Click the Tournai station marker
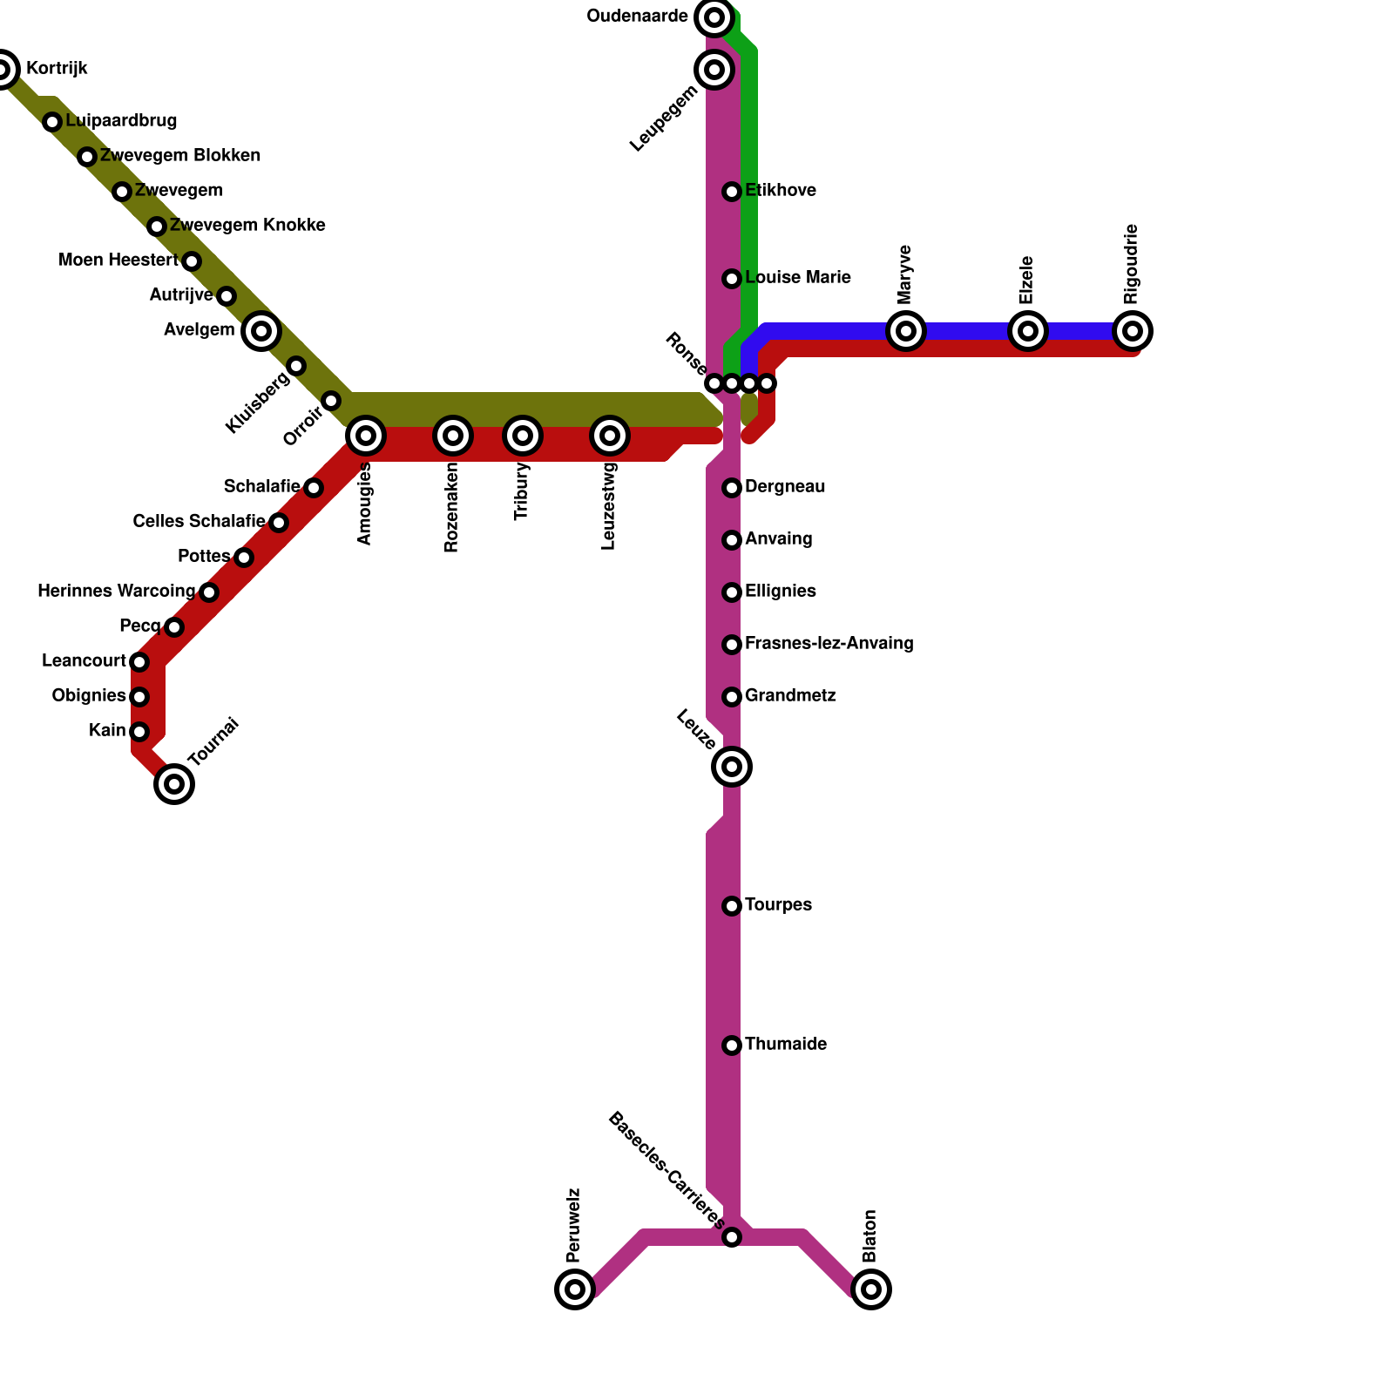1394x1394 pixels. coord(174,784)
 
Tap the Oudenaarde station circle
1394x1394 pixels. coord(714,17)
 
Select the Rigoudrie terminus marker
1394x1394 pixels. coord(1133,331)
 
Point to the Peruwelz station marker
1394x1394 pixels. coord(575,1289)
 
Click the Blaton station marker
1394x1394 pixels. coord(871,1289)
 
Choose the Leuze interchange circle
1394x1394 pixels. coord(732,767)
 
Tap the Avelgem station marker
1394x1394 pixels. coord(261,331)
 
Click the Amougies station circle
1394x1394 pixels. coord(366,436)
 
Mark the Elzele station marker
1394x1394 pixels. coord(1028,331)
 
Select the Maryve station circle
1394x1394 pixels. coord(906,331)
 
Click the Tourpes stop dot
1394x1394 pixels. coord(732,906)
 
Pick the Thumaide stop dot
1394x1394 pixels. coord(732,1045)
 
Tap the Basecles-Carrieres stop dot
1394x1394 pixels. coord(732,1237)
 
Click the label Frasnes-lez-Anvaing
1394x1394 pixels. coord(829,644)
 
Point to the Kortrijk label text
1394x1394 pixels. coord(57,69)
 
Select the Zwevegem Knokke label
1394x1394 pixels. coord(247,226)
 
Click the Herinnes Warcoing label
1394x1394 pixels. coord(117,592)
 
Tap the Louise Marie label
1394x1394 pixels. coord(797,278)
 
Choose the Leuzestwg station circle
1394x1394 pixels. coord(610,436)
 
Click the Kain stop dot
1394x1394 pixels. coord(139,732)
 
